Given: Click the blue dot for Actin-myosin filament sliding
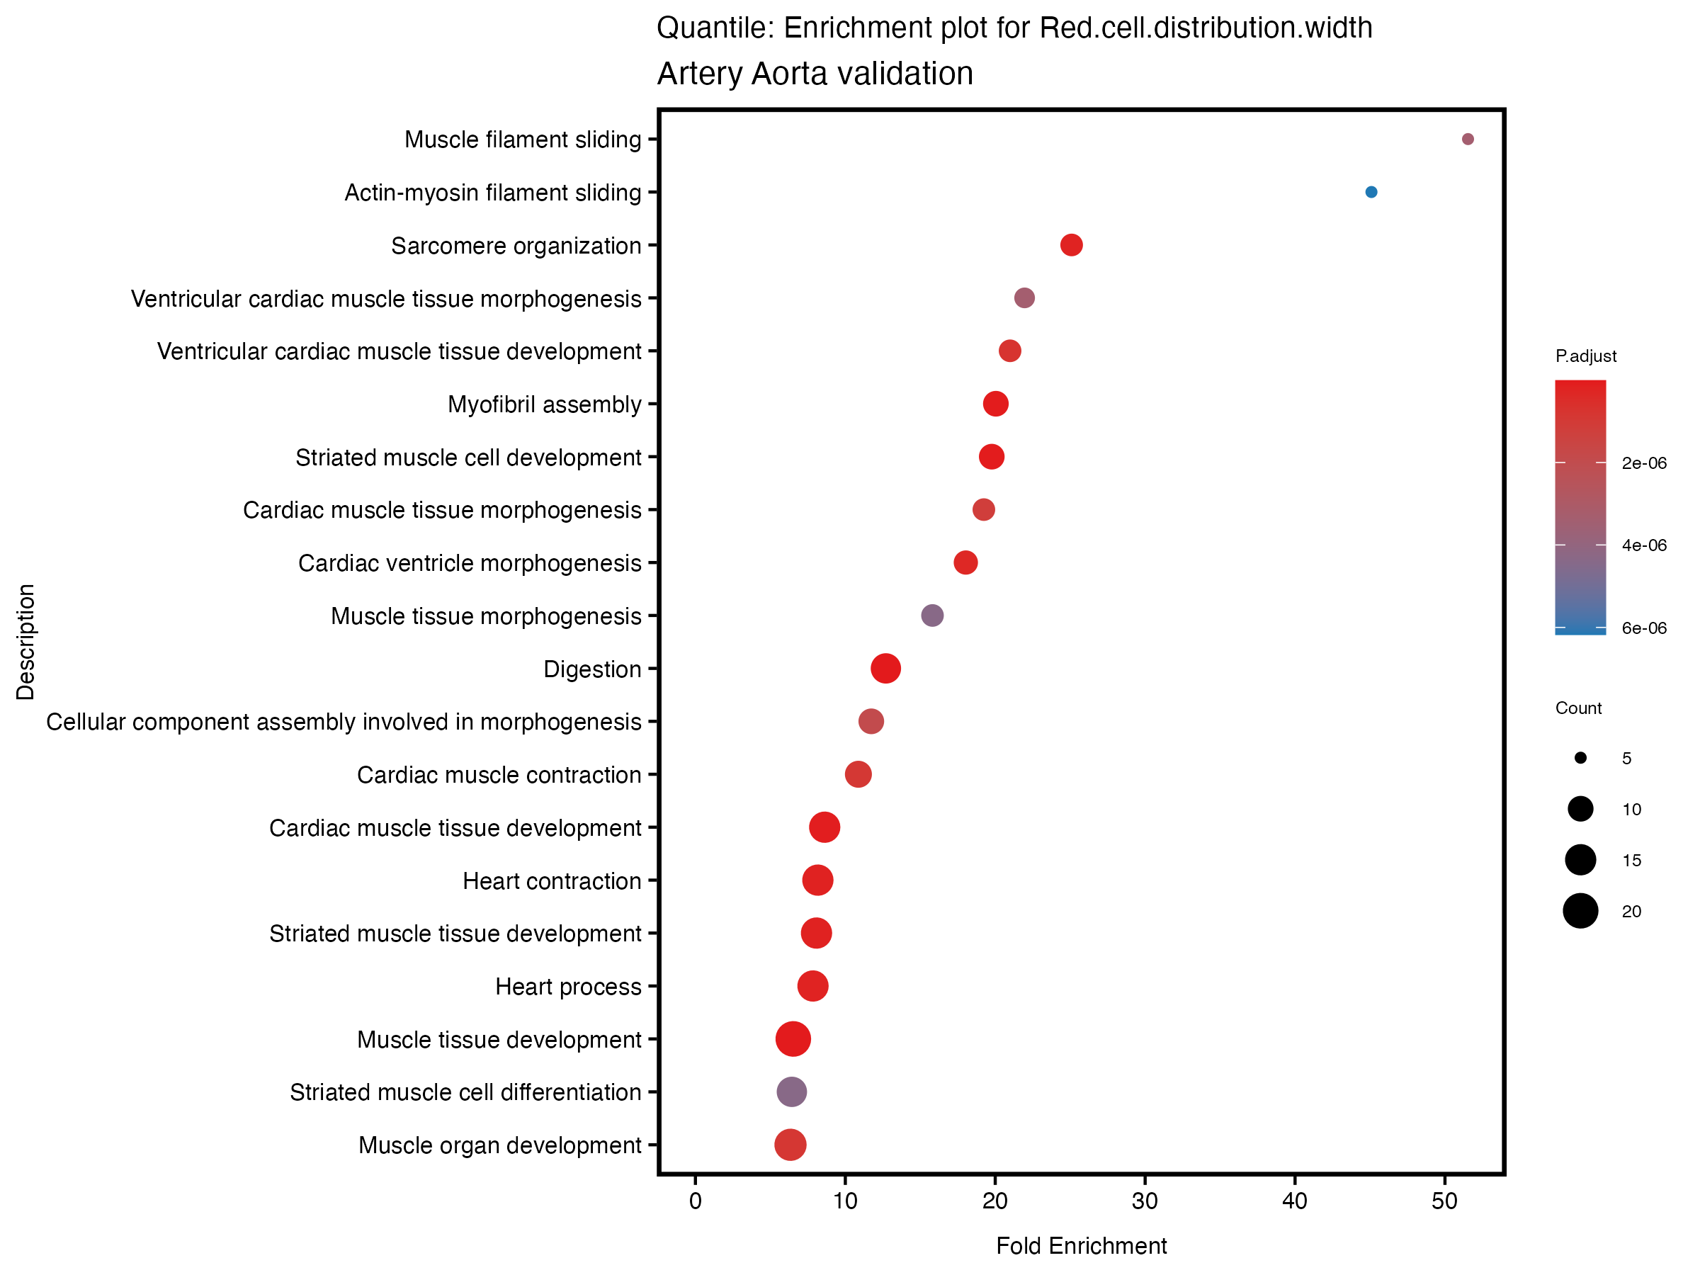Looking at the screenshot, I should (1371, 192).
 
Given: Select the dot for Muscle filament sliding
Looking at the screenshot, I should (1467, 139).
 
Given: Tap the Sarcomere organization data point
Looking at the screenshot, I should (1071, 245).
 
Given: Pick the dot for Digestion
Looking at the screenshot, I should (885, 669).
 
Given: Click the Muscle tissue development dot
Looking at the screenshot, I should (793, 1039).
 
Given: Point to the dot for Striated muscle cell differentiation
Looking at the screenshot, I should (792, 1092).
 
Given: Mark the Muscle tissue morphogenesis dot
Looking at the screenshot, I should (932, 616).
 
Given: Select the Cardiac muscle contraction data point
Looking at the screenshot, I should (858, 775).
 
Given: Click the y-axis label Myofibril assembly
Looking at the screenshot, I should (544, 404).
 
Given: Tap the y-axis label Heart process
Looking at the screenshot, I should (568, 987).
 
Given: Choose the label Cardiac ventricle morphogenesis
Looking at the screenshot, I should (470, 563).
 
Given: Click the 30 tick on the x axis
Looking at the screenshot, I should (1145, 1201).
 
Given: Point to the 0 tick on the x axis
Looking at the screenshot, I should (696, 1201).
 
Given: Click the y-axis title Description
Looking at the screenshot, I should (25, 642).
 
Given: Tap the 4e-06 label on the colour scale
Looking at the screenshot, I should (1644, 545).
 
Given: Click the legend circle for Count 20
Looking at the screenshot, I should (1580, 912).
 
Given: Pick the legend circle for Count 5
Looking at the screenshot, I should (1580, 759).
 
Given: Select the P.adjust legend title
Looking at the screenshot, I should (1585, 356).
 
